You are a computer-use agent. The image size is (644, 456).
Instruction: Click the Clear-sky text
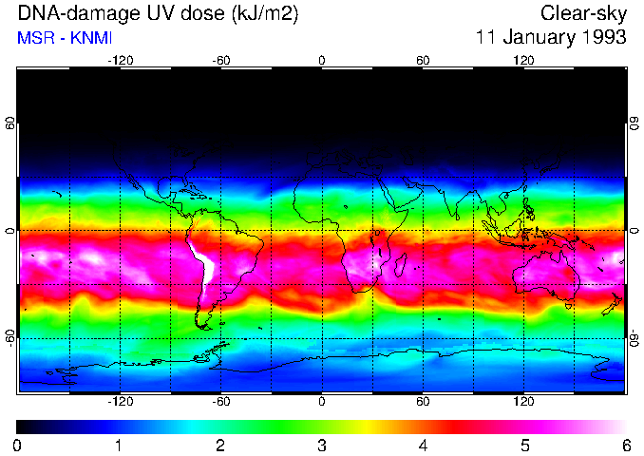pos(583,13)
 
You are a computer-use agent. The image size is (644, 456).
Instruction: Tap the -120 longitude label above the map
pos(120,60)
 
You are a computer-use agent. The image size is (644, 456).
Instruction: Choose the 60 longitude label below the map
pos(423,402)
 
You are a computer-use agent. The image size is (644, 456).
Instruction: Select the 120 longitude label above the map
pos(523,60)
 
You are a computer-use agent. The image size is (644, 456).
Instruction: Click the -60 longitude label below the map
pos(221,402)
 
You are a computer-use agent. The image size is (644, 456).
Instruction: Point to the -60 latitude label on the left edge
pos(9,338)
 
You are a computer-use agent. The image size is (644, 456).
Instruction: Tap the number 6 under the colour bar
pos(626,445)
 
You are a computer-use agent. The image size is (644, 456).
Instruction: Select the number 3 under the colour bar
pos(322,445)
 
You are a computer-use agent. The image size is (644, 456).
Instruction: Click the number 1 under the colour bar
pos(119,445)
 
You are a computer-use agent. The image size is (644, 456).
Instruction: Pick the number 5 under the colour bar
pos(524,445)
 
